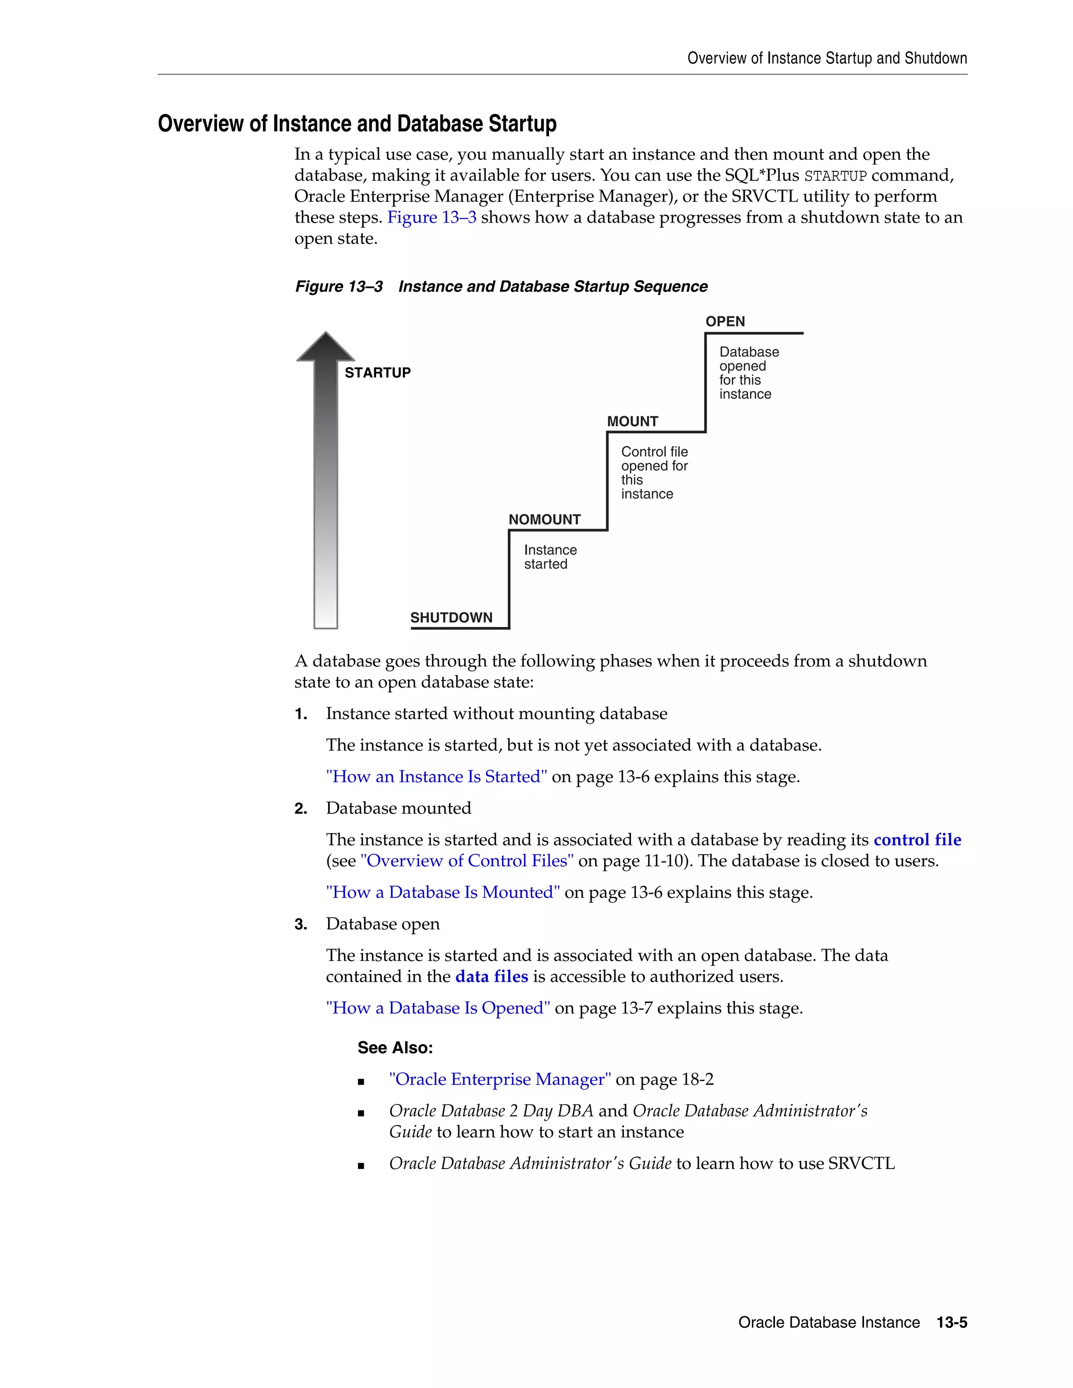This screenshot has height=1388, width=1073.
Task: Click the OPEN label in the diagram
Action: (x=725, y=322)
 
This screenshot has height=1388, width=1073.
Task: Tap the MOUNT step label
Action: (x=632, y=421)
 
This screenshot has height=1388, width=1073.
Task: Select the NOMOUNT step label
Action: (x=544, y=519)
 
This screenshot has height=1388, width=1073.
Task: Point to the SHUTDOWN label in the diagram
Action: (x=451, y=618)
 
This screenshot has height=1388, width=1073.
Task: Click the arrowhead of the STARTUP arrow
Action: (x=325, y=348)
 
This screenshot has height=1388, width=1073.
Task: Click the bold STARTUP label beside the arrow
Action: (x=378, y=372)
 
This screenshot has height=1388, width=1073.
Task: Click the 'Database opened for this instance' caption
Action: (x=748, y=372)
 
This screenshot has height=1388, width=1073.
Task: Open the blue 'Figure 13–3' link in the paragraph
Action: (x=432, y=217)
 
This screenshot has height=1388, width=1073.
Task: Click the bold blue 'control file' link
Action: (x=917, y=840)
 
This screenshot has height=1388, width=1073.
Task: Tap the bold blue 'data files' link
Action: (x=491, y=976)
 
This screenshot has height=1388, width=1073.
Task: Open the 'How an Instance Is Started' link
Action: (x=436, y=777)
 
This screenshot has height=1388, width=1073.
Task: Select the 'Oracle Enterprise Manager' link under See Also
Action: (x=500, y=1079)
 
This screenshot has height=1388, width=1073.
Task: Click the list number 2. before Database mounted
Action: (x=301, y=808)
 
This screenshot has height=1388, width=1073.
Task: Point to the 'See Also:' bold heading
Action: (x=395, y=1048)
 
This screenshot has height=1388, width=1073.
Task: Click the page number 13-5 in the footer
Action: (x=951, y=1323)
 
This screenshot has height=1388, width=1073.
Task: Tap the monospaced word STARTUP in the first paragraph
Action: (x=835, y=176)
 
